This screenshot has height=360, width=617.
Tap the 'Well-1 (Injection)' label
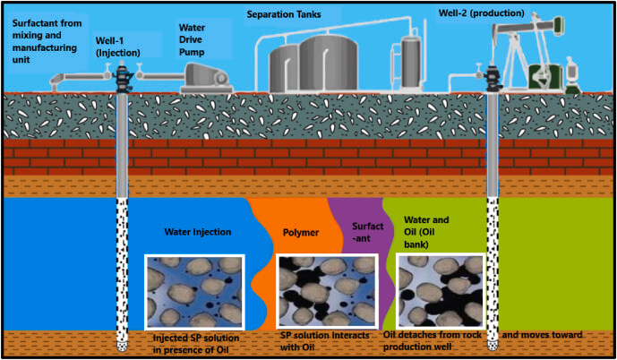tap(119, 45)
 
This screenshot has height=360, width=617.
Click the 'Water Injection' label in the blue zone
tap(198, 231)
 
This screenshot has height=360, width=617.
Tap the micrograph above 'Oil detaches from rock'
tap(440, 291)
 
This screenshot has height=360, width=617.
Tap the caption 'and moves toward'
tap(543, 334)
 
